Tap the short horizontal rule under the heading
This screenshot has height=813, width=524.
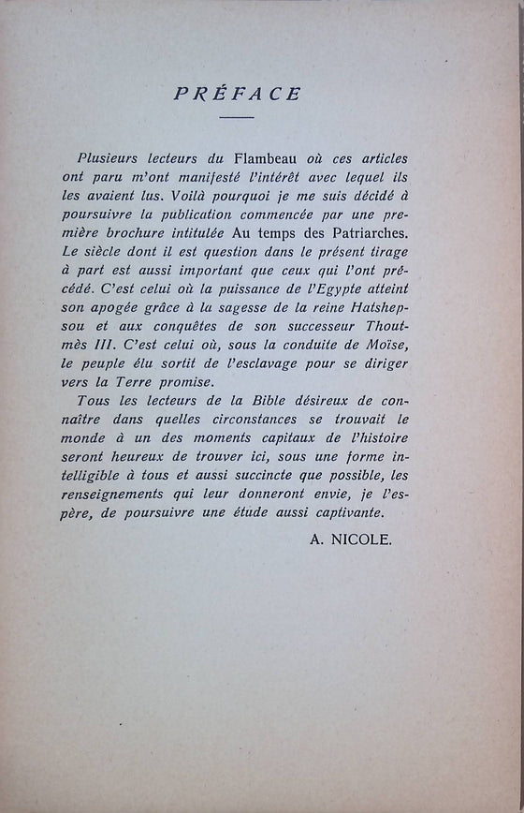(x=237, y=118)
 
